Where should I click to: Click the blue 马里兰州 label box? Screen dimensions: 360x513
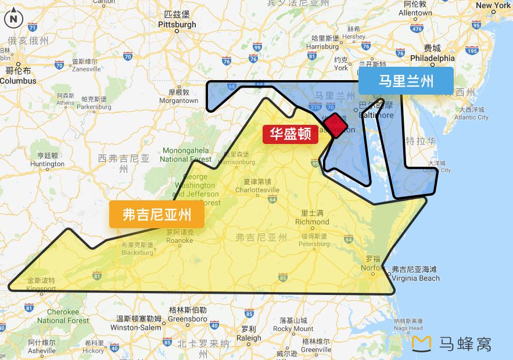pyautogui.click(x=406, y=81)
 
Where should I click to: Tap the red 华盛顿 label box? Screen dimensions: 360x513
pyautogui.click(x=290, y=134)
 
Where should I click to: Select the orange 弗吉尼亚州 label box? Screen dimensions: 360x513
pyautogui.click(x=157, y=215)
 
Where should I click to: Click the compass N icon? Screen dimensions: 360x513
pyautogui.click(x=13, y=19)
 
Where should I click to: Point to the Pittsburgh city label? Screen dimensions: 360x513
pyautogui.click(x=177, y=25)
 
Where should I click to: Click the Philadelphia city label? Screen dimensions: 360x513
pyautogui.click(x=432, y=58)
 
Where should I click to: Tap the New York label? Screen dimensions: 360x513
pyautogui.click(x=493, y=6)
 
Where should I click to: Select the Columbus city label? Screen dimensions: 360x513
pyautogui.click(x=17, y=81)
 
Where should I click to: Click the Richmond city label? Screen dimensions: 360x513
pyautogui.click(x=312, y=222)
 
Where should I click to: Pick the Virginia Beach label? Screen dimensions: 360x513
pyautogui.click(x=415, y=278)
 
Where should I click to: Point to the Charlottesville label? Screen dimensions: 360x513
pyautogui.click(x=257, y=190)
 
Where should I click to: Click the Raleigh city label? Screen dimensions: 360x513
pyautogui.click(x=249, y=338)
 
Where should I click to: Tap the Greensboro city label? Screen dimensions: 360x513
pyautogui.click(x=187, y=319)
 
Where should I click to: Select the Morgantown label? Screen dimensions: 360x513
pyautogui.click(x=178, y=100)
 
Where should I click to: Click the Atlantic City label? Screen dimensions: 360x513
pyautogui.click(x=471, y=117)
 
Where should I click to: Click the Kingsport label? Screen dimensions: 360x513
pyautogui.click(x=41, y=289)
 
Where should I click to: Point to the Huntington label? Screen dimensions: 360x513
pyautogui.click(x=48, y=164)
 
